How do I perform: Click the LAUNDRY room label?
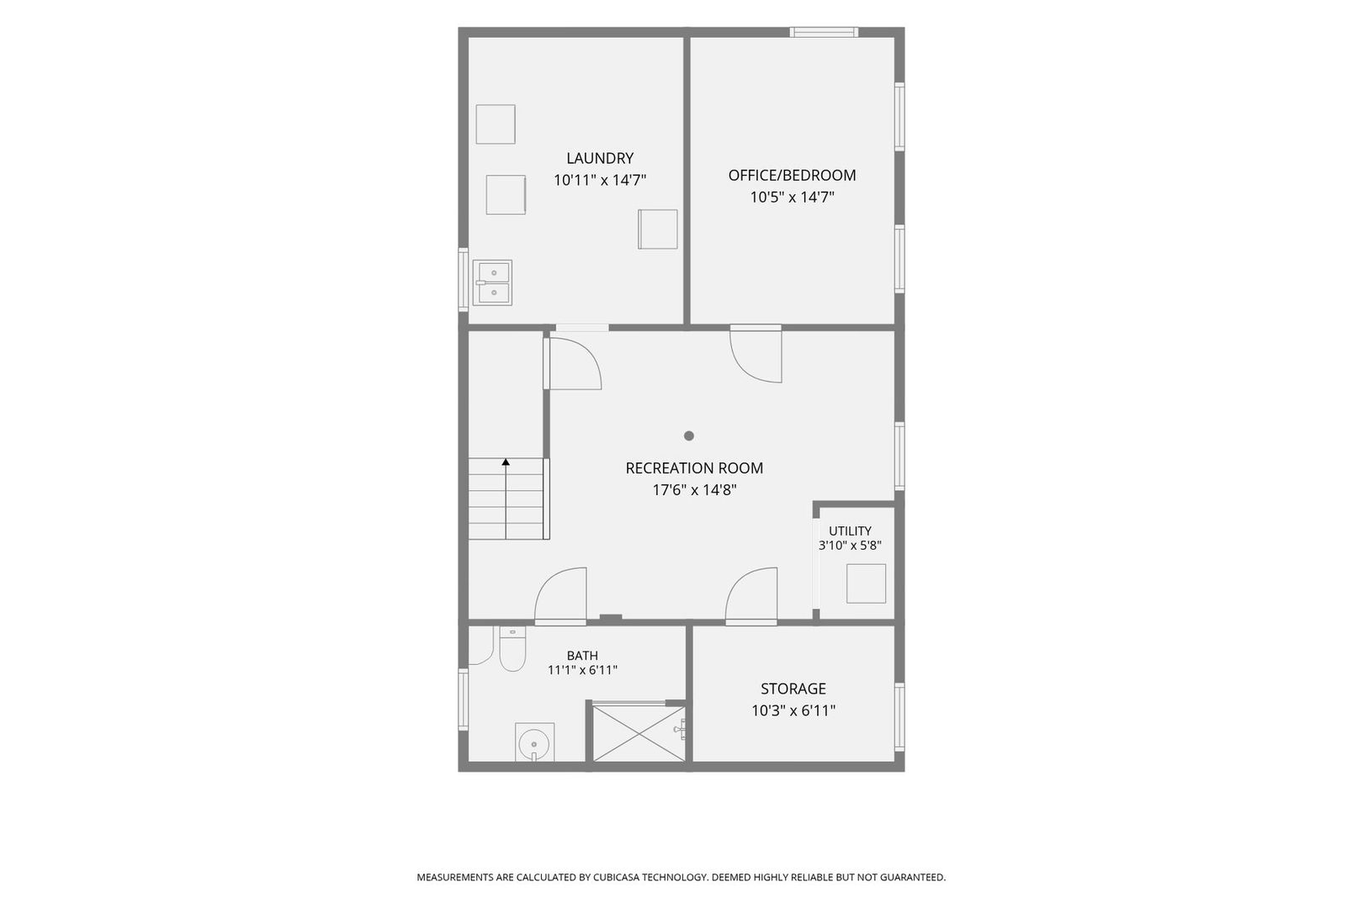point(600,158)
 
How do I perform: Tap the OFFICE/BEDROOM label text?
point(792,175)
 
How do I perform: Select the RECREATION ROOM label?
point(694,467)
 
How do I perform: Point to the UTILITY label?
point(850,531)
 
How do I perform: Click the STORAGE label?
point(793,689)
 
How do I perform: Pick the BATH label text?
point(582,655)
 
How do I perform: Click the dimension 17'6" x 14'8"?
point(694,489)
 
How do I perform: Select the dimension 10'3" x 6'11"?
point(793,710)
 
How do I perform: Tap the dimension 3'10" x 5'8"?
point(850,545)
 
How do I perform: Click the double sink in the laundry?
point(493,282)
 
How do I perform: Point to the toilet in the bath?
point(512,649)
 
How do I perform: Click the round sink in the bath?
point(535,742)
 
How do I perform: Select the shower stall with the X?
point(639,733)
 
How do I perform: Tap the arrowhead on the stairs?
point(506,462)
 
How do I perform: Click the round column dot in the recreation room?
point(689,436)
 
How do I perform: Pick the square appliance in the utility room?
point(866,583)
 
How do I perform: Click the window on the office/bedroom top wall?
point(824,32)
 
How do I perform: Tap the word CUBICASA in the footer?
point(617,877)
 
